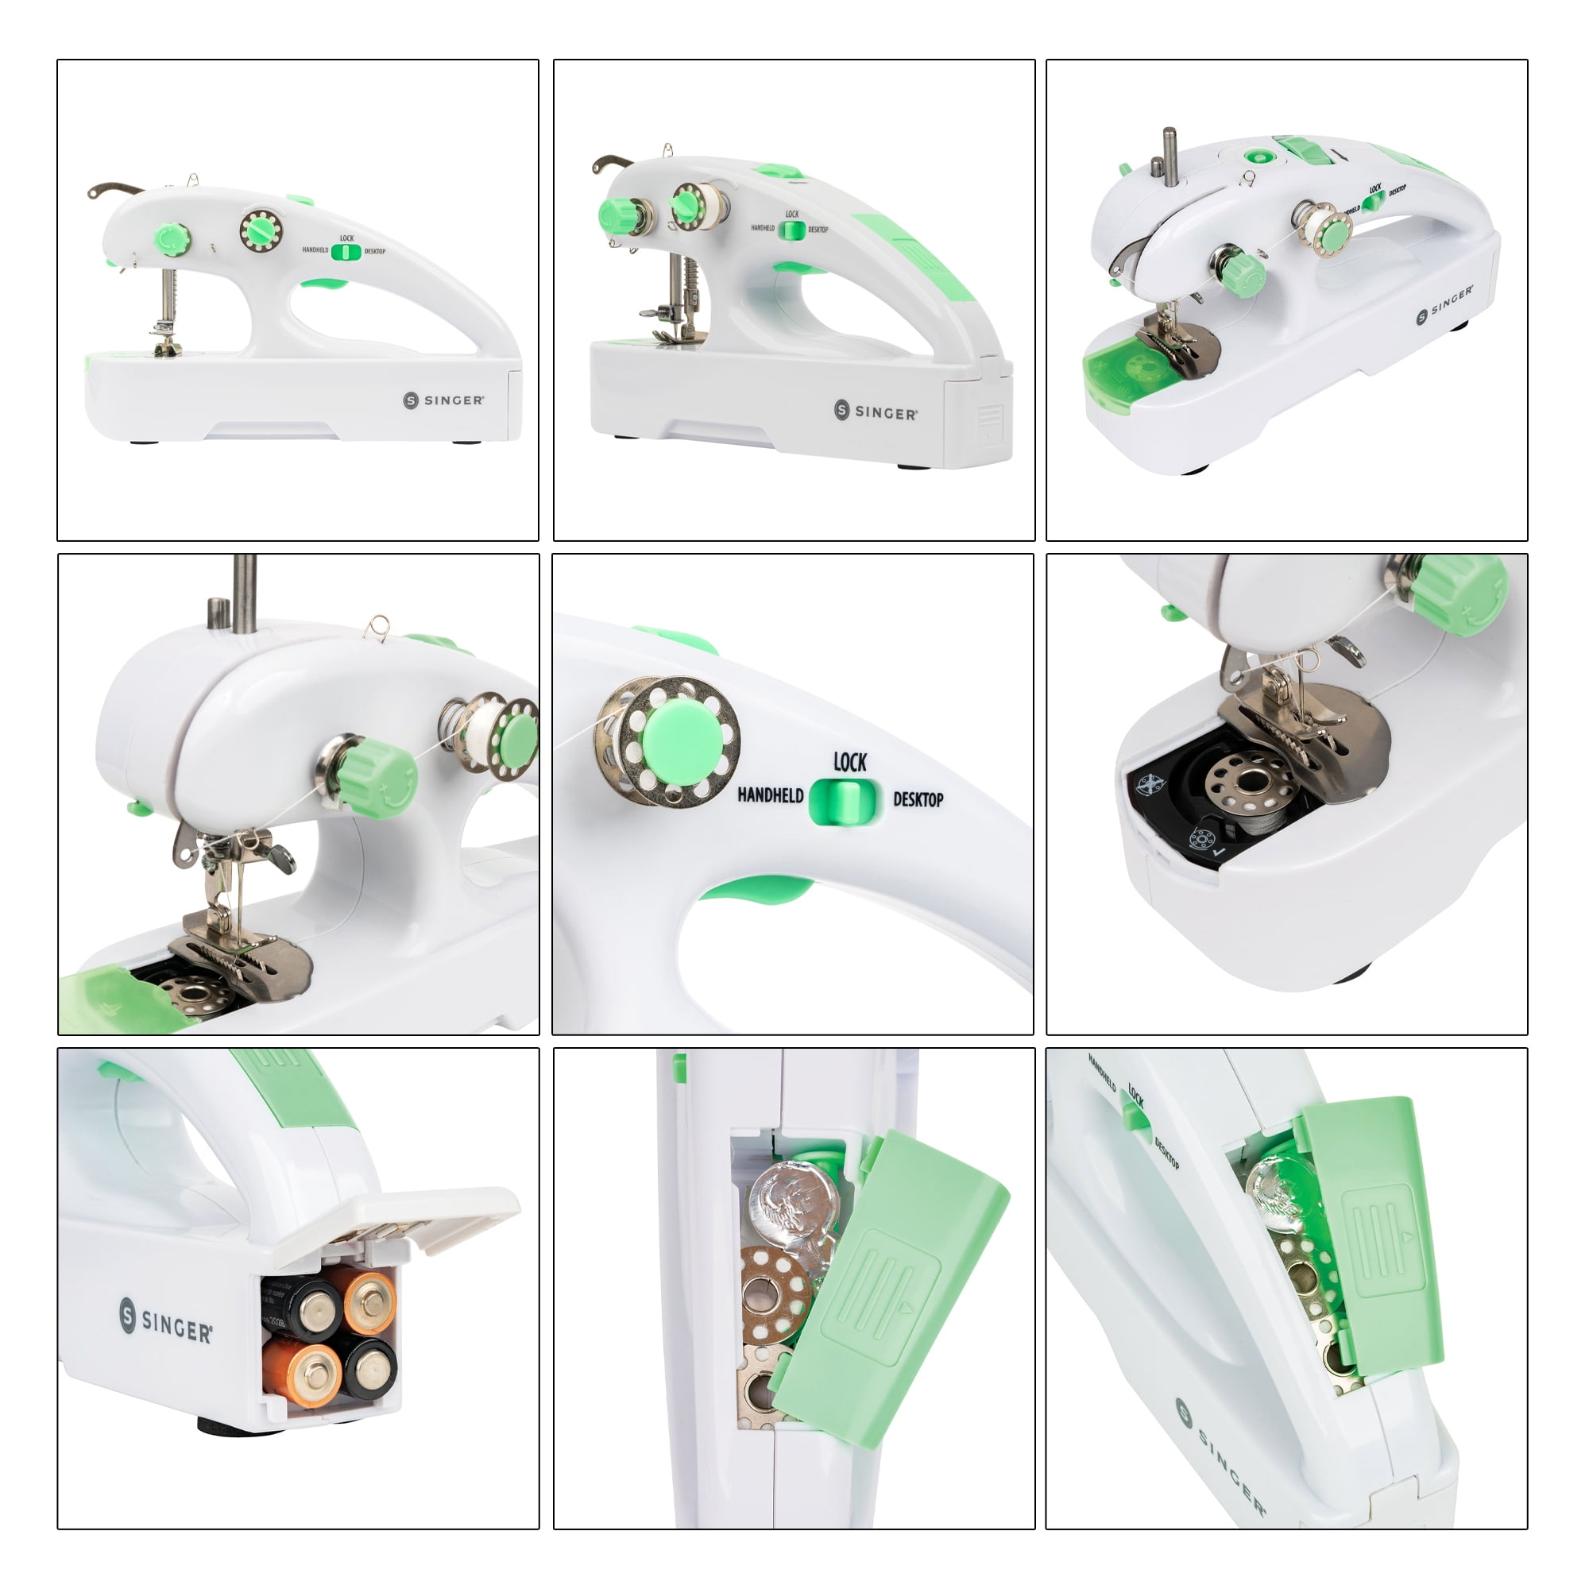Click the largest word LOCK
849,763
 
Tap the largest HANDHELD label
770,795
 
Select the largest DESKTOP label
918,799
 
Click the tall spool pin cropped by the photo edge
244,592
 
